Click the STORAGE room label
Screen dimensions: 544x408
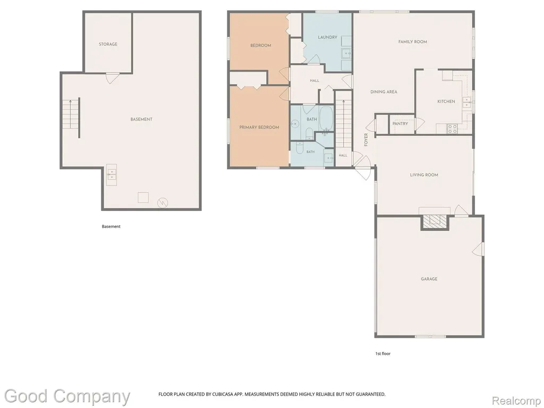pos(108,44)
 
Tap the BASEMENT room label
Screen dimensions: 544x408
pos(141,119)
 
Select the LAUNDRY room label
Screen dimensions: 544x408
pos(327,37)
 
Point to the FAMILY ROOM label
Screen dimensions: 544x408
pos(412,41)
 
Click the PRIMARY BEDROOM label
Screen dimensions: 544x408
pos(259,127)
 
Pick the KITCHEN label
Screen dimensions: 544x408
pos(446,101)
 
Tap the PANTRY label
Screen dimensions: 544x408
pos(400,123)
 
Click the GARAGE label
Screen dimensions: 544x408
pos(429,278)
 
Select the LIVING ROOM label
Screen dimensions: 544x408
pos(424,175)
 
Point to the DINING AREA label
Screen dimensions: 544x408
pos(384,92)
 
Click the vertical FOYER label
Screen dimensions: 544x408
pos(366,140)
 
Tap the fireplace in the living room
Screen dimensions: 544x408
pos(435,222)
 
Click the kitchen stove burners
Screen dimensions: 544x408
pos(453,129)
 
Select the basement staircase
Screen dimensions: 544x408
pos(71,114)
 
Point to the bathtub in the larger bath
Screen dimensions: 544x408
pos(326,118)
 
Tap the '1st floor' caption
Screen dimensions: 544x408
pos(382,353)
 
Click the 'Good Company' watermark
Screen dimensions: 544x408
pos(67,397)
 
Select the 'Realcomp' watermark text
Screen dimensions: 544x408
pos(516,401)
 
